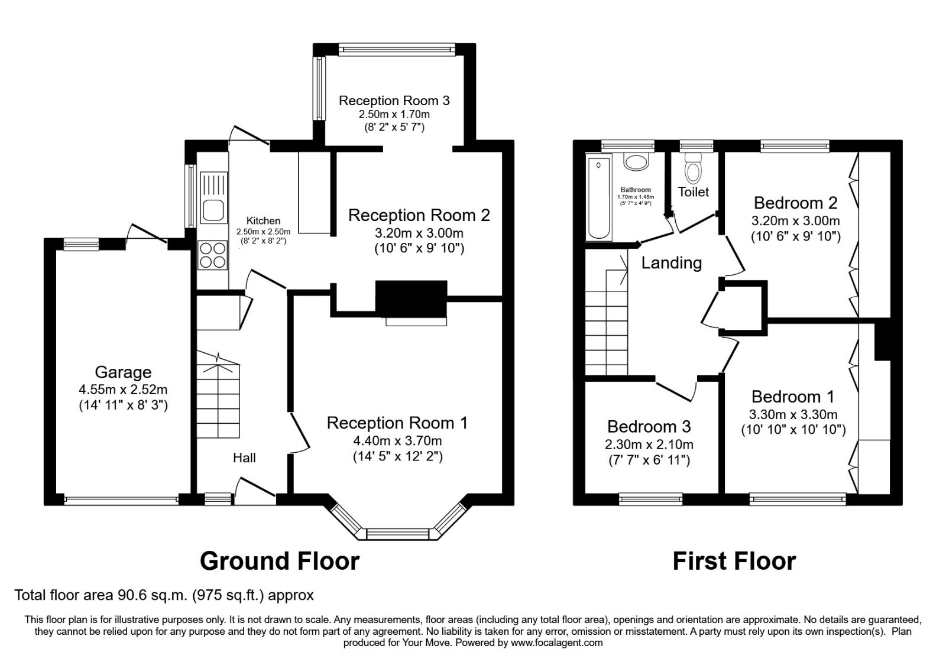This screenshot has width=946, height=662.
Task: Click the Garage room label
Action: [123, 372]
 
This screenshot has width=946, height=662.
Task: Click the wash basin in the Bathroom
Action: [636, 162]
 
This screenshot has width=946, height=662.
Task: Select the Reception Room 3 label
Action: [394, 100]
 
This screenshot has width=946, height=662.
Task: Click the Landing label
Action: [671, 263]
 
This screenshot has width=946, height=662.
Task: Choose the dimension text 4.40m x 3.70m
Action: [397, 440]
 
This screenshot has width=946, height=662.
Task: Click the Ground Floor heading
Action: [280, 560]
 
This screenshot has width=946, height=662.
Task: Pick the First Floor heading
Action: [734, 560]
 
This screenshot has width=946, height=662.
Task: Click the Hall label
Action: [244, 457]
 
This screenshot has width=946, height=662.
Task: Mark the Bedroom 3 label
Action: [649, 427]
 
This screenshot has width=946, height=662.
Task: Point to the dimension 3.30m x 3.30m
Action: [793, 414]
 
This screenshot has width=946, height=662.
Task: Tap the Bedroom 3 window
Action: [650, 499]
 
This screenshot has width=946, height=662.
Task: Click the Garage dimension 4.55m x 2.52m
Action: [123, 390]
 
